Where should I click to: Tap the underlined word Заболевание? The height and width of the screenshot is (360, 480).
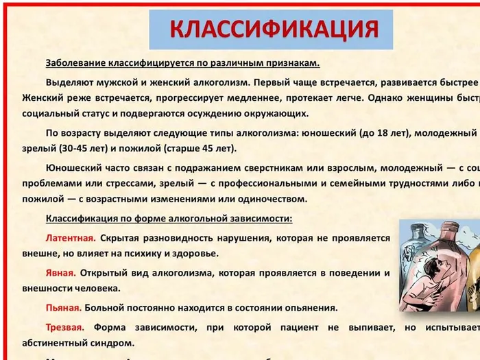pyautogui.click(x=76, y=63)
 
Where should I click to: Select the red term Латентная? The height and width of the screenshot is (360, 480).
pyautogui.click(x=70, y=238)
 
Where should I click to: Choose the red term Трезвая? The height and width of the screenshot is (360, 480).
pyautogui.click(x=65, y=327)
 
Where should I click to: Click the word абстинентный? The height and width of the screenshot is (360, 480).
pyautogui.click(x=56, y=344)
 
